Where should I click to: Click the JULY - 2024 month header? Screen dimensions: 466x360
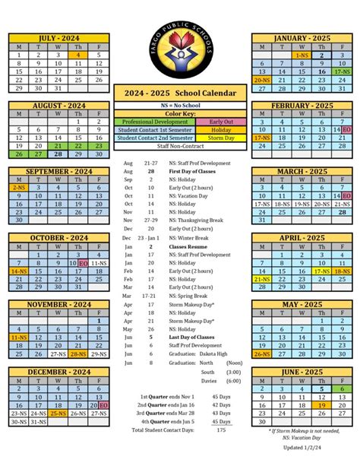pos(58,36)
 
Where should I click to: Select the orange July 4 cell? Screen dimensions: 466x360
pos(78,55)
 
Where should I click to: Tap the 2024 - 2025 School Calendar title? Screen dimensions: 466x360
pos(180,91)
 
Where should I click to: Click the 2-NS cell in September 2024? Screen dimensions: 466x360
pos(18,187)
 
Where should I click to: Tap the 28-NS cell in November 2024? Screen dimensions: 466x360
pos(78,353)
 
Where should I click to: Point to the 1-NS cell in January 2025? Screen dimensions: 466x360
pos(302,55)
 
